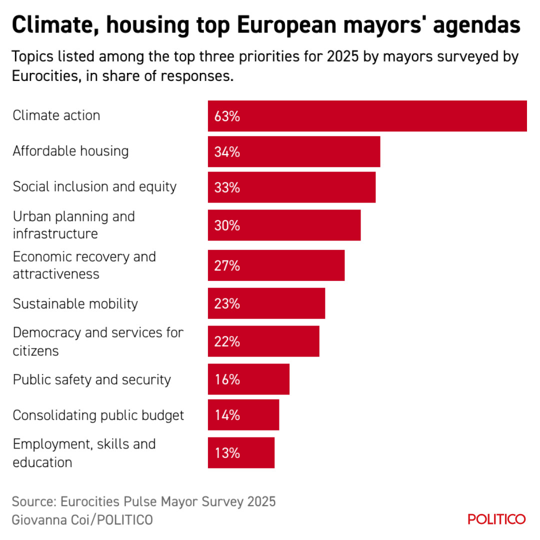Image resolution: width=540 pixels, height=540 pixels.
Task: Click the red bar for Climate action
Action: point(367,116)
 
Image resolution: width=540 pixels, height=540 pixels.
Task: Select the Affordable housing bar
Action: point(294,151)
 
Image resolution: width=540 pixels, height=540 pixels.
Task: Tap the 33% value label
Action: point(227,188)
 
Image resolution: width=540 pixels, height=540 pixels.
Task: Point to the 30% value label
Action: point(227,225)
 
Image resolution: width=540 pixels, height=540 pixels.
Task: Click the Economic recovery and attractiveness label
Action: point(84,265)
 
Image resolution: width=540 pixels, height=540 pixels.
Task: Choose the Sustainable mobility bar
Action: point(266,303)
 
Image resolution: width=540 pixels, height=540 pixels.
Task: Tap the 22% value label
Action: point(227,342)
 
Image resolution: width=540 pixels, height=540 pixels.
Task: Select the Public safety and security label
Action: point(92,379)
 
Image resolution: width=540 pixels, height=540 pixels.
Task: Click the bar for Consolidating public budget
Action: point(243,415)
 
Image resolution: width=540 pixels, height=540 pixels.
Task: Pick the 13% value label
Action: point(227,453)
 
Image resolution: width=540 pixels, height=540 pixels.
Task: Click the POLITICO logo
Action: point(496,519)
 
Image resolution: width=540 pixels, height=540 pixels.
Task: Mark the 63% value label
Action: point(227,116)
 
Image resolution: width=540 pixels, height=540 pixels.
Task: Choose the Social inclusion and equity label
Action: point(94,186)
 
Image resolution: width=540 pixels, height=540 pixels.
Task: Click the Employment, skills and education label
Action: point(84,453)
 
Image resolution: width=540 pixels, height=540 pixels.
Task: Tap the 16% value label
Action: point(227,379)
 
